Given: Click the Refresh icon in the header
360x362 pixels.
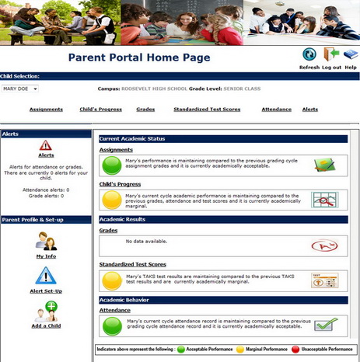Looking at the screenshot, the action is point(309,55).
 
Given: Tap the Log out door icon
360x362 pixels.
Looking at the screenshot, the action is point(331,55).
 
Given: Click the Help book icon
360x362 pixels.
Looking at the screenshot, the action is point(351,55).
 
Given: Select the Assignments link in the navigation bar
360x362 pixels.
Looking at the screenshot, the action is point(46,110).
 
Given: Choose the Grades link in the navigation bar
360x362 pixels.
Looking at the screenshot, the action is point(145,110).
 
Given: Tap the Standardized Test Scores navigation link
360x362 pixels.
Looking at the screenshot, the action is point(207,110).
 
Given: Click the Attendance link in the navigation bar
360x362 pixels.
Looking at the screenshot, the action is point(277,110).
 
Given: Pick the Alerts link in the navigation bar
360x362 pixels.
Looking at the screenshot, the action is point(310,110).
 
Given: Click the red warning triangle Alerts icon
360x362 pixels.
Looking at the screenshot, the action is point(46,145).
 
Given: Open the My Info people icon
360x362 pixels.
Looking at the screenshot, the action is point(46,241).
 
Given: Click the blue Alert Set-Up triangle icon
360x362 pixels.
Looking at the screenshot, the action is point(46,275).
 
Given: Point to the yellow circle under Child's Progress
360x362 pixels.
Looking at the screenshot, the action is point(114,200).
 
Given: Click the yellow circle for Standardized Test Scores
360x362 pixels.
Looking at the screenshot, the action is point(114,280).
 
